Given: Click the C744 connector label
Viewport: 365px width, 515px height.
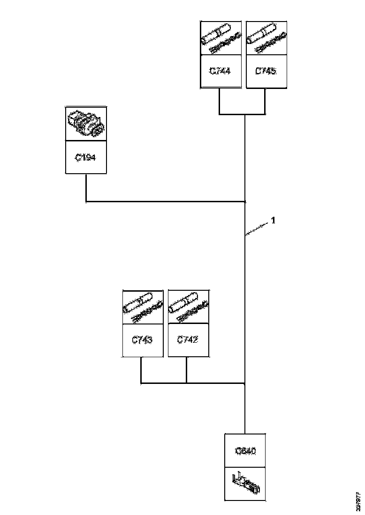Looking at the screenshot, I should coord(220,71).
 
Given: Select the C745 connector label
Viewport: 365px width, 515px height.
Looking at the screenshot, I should coord(266,71).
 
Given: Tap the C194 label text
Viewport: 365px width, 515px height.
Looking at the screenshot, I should coord(86,158).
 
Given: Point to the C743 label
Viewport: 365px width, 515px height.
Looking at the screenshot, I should coord(142,340).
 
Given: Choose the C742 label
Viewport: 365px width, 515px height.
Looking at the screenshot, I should coord(188,340).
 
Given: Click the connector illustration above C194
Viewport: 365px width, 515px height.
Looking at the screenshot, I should coord(86,124).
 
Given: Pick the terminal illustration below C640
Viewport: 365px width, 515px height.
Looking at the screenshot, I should coord(245,484).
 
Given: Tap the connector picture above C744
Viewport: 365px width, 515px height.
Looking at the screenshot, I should coord(220,38).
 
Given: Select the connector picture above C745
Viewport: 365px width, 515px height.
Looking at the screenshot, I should coord(266,38).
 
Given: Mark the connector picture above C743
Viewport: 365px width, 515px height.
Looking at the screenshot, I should coord(142,307).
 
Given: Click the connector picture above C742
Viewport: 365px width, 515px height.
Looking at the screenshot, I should coord(188,307).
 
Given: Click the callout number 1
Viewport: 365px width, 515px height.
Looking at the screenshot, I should coord(273,220).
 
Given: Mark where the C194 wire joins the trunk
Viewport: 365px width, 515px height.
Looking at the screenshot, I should coord(245,202).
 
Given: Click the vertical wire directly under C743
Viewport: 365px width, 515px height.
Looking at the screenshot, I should coord(141,370).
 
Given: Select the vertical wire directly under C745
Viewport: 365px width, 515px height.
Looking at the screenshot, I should coord(266,101).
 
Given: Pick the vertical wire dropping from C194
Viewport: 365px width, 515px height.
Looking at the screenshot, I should coord(86,187).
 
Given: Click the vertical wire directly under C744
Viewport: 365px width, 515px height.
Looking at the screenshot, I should coord(220,101).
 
